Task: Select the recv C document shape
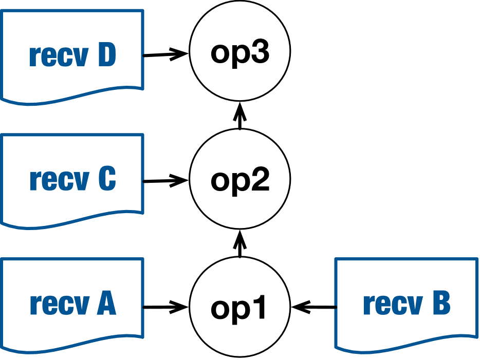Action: (x=72, y=180)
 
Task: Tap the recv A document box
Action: (x=72, y=305)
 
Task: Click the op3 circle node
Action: (x=240, y=51)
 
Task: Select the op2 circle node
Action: (x=240, y=178)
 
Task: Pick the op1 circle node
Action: (x=240, y=307)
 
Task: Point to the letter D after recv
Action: (x=106, y=56)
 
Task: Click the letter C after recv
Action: (x=106, y=179)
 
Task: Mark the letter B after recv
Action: (x=440, y=304)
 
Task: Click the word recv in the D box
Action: (x=58, y=57)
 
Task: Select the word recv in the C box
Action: (x=58, y=180)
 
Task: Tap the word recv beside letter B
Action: (x=392, y=305)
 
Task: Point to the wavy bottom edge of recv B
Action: (x=406, y=344)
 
